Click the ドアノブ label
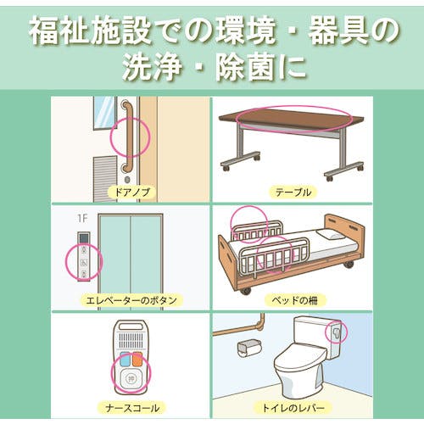(131, 192)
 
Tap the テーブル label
(293, 192)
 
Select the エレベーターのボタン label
(131, 300)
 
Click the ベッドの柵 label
(295, 300)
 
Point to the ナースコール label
(132, 408)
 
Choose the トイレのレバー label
(293, 408)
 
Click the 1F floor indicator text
(82, 219)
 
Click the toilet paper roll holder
(248, 348)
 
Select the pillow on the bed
(332, 234)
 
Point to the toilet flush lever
(336, 333)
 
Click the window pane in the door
(104, 112)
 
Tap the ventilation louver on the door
(104, 178)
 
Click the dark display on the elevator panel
(84, 238)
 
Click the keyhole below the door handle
(127, 180)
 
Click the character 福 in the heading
(45, 30)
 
